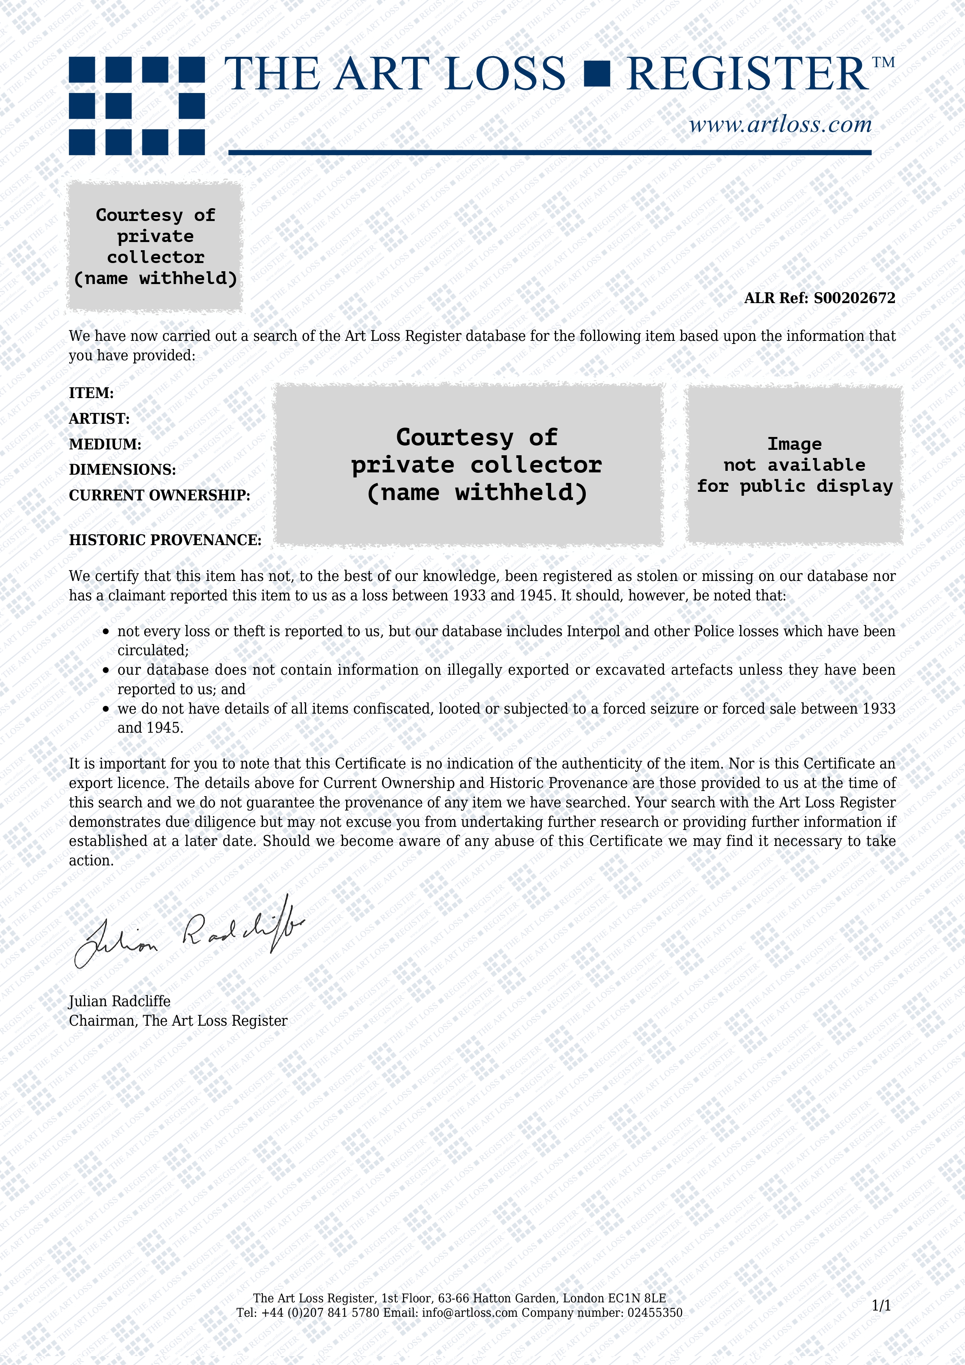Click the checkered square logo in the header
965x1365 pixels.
[137, 106]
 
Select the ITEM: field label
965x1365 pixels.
[91, 393]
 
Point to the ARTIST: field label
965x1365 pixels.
[99, 419]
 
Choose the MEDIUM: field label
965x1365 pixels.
[105, 444]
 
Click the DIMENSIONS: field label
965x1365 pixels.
[123, 470]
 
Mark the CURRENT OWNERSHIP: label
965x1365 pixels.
[159, 495]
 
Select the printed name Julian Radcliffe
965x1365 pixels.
[119, 1001]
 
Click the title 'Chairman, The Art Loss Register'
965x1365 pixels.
[178, 1021]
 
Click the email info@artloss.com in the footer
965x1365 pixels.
[469, 1313]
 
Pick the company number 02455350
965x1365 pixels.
[655, 1313]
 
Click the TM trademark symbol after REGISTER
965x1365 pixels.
[884, 62]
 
